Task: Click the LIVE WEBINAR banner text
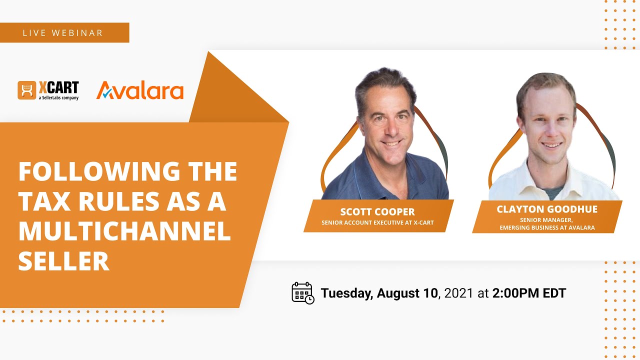(63, 33)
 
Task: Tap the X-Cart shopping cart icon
(27, 90)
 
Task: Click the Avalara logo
(139, 90)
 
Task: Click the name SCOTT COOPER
(377, 211)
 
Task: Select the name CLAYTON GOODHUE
(547, 209)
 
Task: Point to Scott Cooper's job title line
(377, 222)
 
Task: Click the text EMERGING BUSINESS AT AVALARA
(547, 227)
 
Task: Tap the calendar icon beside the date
(303, 293)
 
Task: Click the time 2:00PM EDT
(529, 293)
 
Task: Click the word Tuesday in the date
(347, 293)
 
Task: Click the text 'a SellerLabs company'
(58, 98)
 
